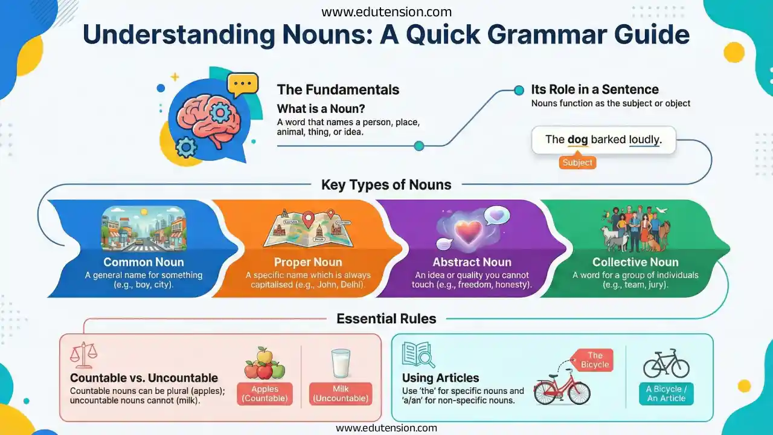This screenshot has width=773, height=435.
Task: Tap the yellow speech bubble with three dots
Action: pos(243,84)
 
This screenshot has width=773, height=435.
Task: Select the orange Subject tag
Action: pos(577,163)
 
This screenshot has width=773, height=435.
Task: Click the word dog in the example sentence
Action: pos(577,140)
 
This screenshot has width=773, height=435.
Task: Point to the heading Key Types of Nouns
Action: pos(386,185)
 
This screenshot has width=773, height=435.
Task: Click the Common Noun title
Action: pos(144,262)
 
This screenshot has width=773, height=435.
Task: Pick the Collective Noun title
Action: pos(635,262)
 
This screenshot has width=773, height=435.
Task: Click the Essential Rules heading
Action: pos(386,318)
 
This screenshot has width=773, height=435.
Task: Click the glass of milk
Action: pos(341,364)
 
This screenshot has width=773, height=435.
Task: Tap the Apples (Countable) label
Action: pos(265,393)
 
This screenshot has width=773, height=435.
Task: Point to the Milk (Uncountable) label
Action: pos(341,393)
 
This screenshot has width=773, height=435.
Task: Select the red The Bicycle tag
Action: pos(595,360)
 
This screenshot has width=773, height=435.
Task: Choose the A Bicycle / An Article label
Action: pos(667,393)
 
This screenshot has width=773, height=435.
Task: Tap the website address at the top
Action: pos(386,11)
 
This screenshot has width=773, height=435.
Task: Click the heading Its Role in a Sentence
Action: pos(595,89)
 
